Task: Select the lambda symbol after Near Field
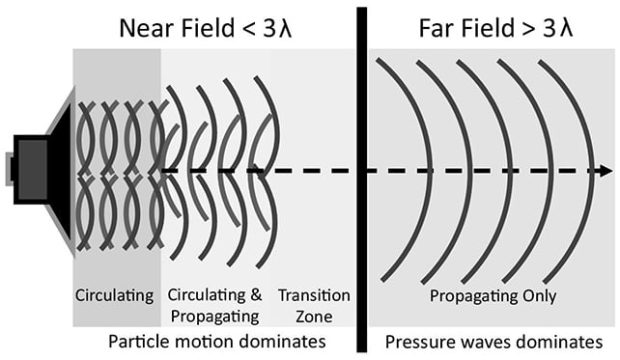pos(284,28)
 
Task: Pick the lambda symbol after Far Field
pos(565,28)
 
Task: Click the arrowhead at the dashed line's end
pos(605,171)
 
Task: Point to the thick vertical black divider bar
pos(361,180)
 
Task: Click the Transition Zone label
pos(314,305)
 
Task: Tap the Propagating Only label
pos(493,296)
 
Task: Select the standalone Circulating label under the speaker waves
pos(114,296)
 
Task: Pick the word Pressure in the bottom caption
pos(413,341)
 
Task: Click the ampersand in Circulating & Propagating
pos(256,295)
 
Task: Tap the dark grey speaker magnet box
pos(32,170)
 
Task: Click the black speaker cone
pos(60,170)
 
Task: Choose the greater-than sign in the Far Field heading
pos(530,29)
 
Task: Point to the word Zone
pos(314,316)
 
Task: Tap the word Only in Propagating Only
pos(540,296)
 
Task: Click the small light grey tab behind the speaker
pos(9,169)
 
